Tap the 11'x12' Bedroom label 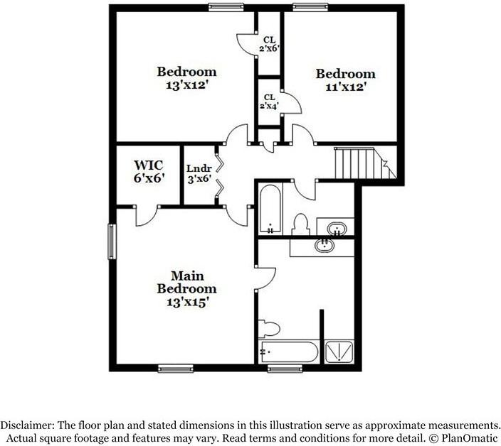pyautogui.click(x=345, y=80)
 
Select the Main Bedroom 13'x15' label pyautogui.click(x=186, y=288)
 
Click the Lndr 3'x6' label pyautogui.click(x=199, y=174)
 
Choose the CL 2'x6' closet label pyautogui.click(x=269, y=45)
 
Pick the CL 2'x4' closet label pyautogui.click(x=269, y=102)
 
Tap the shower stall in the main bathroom pyautogui.click(x=338, y=352)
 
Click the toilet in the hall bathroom pyautogui.click(x=300, y=224)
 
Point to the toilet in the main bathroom pyautogui.click(x=270, y=328)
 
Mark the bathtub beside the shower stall pyautogui.click(x=288, y=352)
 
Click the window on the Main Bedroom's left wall pyautogui.click(x=111, y=241)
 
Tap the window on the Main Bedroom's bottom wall pyautogui.click(x=175, y=368)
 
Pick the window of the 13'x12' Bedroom pyautogui.click(x=226, y=7)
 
